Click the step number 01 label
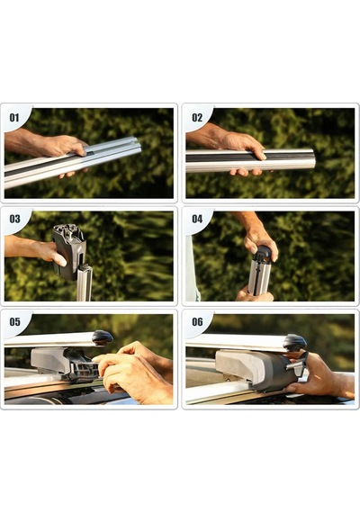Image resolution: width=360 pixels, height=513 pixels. pos(14,117)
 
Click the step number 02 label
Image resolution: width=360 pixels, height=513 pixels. pos(197,117)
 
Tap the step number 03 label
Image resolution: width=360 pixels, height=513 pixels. pos(14,219)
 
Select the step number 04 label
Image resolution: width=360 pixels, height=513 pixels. pos(197,219)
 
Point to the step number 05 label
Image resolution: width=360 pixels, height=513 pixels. pos(14,321)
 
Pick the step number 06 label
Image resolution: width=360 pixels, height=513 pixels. pos(197,321)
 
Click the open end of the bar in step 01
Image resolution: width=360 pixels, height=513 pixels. pos(137,146)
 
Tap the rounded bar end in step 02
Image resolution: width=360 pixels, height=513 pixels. pos(310,159)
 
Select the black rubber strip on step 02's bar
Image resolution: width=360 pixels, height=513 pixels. pos(247,157)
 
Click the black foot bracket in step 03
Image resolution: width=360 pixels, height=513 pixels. pos(68,251)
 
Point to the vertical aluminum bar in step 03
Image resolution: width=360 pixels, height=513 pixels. pos(84,283)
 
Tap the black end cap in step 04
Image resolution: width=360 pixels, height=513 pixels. pos(263,254)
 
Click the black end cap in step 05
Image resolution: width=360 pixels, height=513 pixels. pos(103,337)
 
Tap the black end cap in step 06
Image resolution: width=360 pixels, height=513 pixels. pos(295,343)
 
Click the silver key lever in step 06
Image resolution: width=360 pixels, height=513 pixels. pos(295,365)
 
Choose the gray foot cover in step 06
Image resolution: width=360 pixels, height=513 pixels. pos(238,365)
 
